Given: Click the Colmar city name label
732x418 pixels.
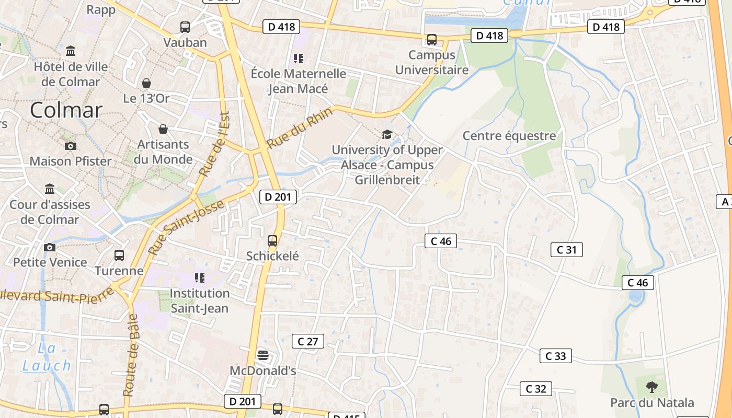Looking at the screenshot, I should coord(66,110).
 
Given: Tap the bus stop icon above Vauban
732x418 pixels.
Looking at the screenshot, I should coord(185,27).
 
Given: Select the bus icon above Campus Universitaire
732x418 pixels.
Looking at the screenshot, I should coord(432,40).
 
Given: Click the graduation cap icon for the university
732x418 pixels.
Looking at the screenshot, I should coord(387,135).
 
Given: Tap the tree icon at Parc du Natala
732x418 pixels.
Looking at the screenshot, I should coord(651,387).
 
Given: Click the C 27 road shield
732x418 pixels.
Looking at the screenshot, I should coord(308,341).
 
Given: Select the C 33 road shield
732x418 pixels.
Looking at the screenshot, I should coord(556,356).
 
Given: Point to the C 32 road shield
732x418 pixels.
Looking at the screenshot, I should coord(536,389).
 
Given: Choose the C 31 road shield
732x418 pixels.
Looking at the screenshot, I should coord(567,250).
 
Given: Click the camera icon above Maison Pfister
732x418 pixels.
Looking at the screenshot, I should coord(70,146).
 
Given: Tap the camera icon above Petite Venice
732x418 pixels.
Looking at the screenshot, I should coord(50,247).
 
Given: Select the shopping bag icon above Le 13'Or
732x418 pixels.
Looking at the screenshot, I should coord(146,83).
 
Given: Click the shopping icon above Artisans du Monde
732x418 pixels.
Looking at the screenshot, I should coord(163,129).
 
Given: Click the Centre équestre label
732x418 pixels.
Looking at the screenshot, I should coord(509,136).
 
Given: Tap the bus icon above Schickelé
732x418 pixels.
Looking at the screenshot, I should coord(272,241).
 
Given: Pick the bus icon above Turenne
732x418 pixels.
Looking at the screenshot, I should coord(119,256).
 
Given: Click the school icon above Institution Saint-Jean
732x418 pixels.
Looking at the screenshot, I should coord(200,277).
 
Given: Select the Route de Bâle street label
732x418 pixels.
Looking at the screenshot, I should coord(130,355).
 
